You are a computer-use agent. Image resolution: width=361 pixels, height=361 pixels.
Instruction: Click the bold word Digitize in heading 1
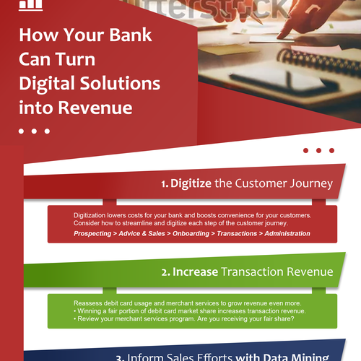pyautogui.click(x=191, y=183)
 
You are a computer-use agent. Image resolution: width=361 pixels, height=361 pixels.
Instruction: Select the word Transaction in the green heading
pyautogui.click(x=263, y=271)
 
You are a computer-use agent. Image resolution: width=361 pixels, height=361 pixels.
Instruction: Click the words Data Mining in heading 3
pyautogui.click(x=300, y=357)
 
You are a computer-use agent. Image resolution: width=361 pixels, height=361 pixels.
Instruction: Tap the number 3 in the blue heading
pyautogui.click(x=120, y=357)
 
